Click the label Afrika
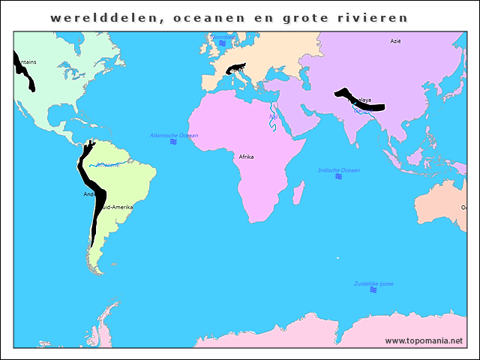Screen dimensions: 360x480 [246, 157]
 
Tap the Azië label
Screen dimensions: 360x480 [395, 41]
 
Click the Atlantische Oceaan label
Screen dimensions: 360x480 [174, 135]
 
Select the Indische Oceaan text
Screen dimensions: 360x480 [339, 170]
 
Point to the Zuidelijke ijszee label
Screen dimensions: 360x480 [373, 283]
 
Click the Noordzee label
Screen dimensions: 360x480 [223, 36]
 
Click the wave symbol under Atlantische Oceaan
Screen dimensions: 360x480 [173, 142]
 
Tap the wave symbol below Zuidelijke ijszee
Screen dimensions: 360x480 [373, 290]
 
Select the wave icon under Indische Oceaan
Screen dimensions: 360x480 [338, 177]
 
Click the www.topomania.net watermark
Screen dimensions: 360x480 [424, 340]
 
